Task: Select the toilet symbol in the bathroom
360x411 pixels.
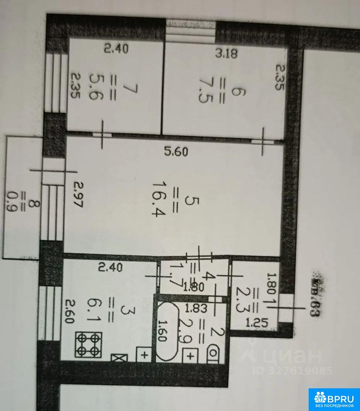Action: [x=213, y=355]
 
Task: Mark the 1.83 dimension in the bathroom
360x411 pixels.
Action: [x=193, y=307]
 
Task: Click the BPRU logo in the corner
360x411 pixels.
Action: [x=334, y=399]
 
